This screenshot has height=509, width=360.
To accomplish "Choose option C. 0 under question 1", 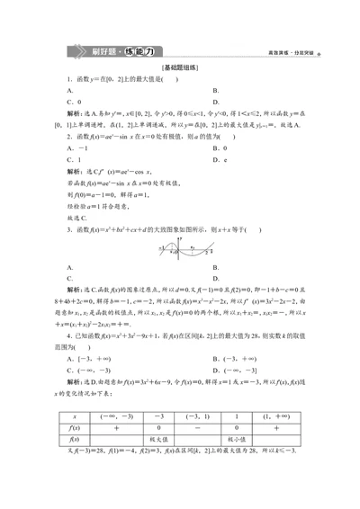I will pos(76,102).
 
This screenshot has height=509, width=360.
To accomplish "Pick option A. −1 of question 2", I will pos(77,147).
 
